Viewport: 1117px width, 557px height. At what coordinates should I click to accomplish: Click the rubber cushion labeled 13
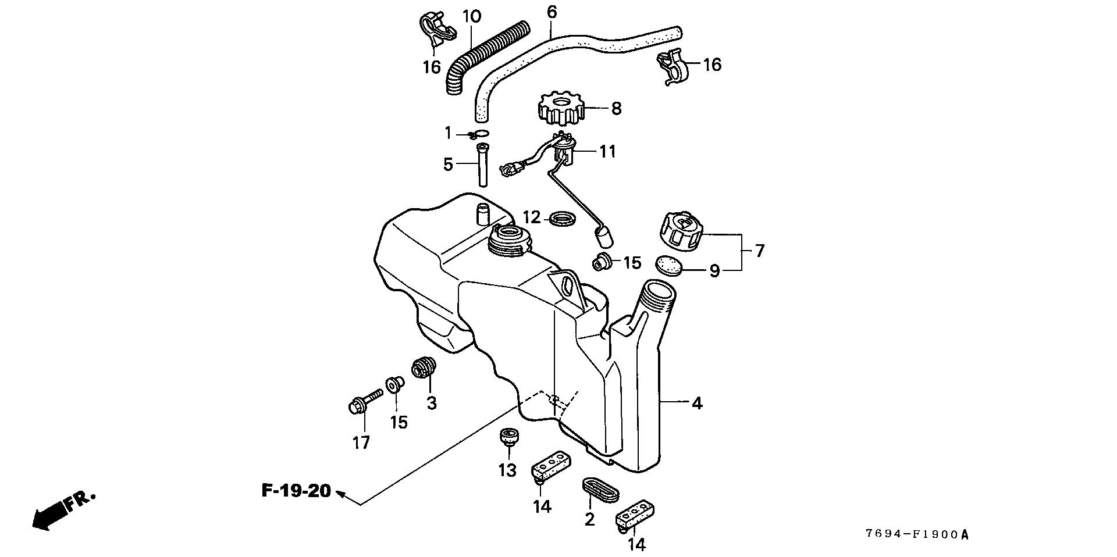(x=508, y=438)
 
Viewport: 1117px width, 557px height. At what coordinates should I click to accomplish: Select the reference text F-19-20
(x=296, y=491)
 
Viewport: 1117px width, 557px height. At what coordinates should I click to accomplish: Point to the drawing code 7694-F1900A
(x=916, y=534)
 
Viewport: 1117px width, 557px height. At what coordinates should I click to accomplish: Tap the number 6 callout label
(x=552, y=12)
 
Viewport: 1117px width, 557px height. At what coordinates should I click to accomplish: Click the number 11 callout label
(x=607, y=152)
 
